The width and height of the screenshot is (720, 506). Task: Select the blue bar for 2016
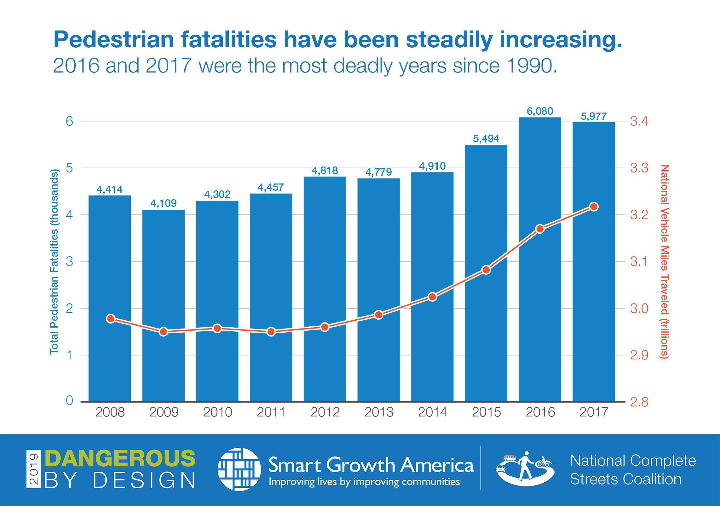(x=540, y=259)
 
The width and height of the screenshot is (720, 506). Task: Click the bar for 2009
(x=163, y=306)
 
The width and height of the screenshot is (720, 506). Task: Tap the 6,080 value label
(x=540, y=111)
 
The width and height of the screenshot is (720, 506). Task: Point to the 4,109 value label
(x=163, y=203)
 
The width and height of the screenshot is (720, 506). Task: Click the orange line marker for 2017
(x=594, y=207)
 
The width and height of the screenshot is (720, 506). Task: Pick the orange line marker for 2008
(x=111, y=319)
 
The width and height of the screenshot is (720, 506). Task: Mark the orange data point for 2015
(x=486, y=270)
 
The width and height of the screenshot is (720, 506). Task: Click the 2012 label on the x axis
(x=325, y=412)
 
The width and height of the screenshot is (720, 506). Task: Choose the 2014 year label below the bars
(x=432, y=412)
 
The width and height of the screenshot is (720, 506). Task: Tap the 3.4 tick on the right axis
(x=639, y=121)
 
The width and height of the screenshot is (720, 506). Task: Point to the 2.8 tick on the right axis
(x=639, y=402)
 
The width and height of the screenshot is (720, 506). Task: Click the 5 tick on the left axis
(x=69, y=168)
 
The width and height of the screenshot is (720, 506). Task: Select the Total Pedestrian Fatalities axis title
(x=54, y=262)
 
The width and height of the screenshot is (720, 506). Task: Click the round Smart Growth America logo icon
(x=239, y=469)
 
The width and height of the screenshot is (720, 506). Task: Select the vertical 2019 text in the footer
(x=33, y=469)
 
